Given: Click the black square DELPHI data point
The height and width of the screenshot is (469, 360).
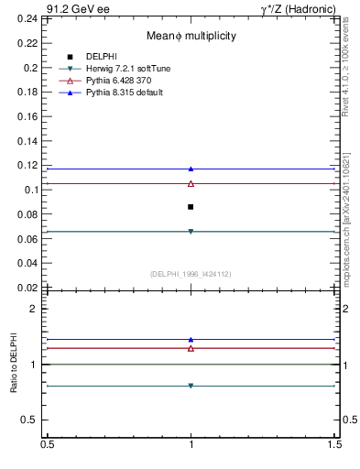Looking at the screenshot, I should click(x=191, y=207).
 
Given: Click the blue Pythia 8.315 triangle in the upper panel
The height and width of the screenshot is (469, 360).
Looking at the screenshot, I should click(x=191, y=169).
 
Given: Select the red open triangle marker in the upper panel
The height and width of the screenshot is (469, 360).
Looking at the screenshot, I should click(x=191, y=183).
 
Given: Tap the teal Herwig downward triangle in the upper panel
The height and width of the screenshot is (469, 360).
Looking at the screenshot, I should click(x=191, y=232).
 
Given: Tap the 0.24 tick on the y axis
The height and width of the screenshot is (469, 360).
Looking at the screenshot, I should click(x=31, y=18).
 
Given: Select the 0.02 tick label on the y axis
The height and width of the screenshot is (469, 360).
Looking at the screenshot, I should click(x=31, y=287).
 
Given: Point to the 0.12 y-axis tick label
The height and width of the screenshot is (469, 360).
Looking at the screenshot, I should click(x=31, y=165).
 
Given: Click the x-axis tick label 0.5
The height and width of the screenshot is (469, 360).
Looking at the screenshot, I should click(x=47, y=445).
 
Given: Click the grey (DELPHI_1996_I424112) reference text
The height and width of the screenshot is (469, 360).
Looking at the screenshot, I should click(x=191, y=274).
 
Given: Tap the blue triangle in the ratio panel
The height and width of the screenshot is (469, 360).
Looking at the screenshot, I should click(x=191, y=340).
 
